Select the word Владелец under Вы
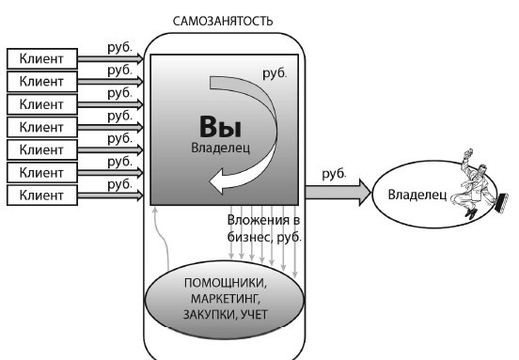[217, 148]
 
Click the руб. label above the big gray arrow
[334, 174]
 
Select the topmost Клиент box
[42, 58]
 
